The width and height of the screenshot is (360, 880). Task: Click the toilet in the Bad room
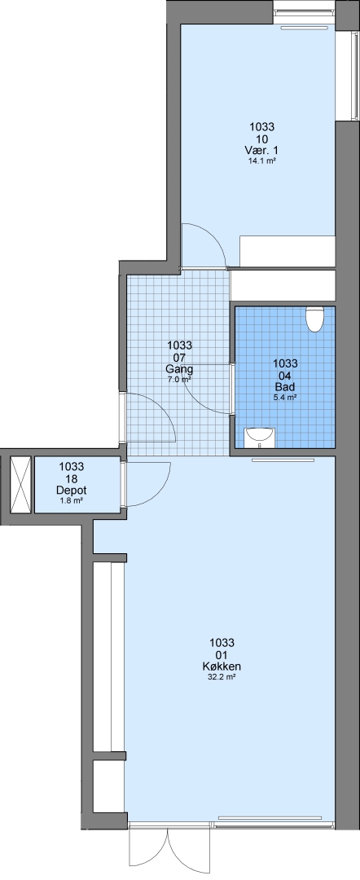click(x=314, y=319)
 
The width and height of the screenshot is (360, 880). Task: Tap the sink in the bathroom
click(x=260, y=438)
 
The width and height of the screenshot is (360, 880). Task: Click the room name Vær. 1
click(x=262, y=151)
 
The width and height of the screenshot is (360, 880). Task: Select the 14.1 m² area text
click(x=262, y=161)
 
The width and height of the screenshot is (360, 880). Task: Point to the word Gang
click(x=179, y=369)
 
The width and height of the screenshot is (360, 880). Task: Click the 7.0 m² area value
click(x=179, y=379)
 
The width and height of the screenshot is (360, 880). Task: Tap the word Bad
click(x=285, y=387)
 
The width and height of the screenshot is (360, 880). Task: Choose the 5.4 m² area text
click(x=285, y=397)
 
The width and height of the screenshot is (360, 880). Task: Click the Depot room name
click(x=71, y=490)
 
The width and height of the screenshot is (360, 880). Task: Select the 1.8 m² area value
click(x=71, y=500)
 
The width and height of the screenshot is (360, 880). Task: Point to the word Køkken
click(x=222, y=667)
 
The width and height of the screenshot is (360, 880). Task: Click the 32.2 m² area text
click(x=222, y=677)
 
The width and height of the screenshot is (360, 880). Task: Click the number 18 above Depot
click(x=71, y=478)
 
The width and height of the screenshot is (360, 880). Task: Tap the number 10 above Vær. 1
click(x=262, y=139)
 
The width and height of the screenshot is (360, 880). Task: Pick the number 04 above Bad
click(x=285, y=375)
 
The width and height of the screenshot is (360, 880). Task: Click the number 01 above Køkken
click(x=222, y=655)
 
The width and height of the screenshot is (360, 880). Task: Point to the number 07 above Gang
click(x=179, y=357)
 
